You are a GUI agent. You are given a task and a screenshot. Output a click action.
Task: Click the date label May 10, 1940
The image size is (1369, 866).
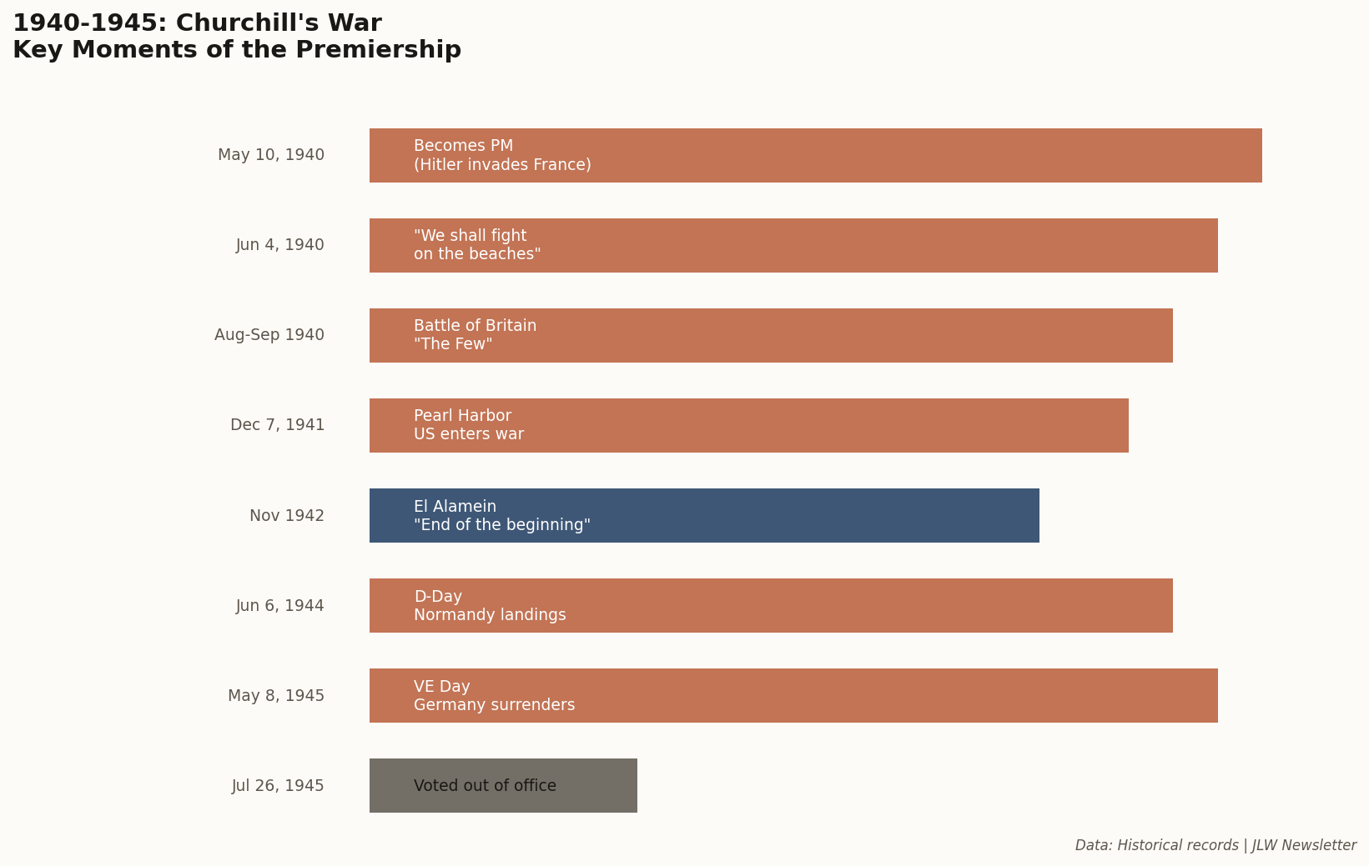point(271,155)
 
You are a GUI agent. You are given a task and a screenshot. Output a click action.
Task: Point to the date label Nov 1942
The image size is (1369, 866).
point(287,516)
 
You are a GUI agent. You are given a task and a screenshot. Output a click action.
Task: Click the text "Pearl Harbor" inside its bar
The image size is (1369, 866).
point(462,416)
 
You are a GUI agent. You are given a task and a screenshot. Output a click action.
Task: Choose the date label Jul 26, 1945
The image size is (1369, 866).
point(278,786)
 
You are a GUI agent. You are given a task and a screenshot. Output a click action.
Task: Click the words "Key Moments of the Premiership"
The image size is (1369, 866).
point(237,50)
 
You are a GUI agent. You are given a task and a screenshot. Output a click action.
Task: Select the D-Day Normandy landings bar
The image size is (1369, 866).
point(834,605)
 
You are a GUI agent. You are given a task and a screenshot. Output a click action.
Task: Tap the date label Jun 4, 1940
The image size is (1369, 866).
point(280,245)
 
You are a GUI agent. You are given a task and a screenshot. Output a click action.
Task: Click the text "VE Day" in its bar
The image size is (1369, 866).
point(442,687)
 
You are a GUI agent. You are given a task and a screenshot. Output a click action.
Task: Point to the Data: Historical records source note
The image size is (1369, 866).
point(1215,845)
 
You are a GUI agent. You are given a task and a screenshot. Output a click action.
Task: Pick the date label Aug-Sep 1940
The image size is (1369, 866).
point(269,335)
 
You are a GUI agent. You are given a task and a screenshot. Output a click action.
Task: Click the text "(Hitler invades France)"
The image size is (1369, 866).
point(502,165)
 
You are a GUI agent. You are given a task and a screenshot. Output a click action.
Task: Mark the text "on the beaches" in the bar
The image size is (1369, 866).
point(477,254)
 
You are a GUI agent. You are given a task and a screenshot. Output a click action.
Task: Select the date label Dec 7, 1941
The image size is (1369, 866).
point(278,425)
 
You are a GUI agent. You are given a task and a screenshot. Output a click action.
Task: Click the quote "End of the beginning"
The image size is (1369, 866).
point(502,525)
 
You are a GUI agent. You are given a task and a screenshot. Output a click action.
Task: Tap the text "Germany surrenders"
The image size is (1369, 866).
point(494,705)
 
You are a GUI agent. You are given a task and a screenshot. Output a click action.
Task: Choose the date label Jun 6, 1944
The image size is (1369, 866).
point(280,606)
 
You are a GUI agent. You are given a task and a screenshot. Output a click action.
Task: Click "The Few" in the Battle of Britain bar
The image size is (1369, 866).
point(453,344)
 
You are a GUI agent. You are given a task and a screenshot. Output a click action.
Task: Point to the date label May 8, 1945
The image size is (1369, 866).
point(276,696)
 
